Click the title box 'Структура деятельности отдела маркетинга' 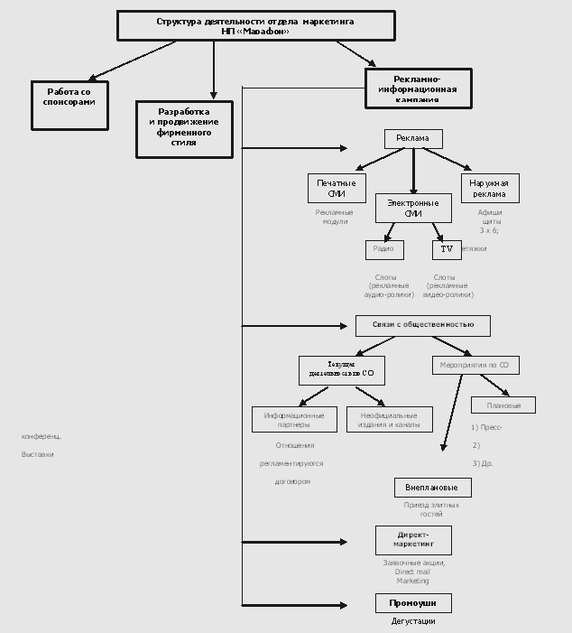pyautogui.click(x=255, y=25)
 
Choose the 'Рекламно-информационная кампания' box pyautogui.click(x=418, y=88)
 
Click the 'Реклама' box pyautogui.click(x=413, y=139)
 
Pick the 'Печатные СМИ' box pyautogui.click(x=336, y=188)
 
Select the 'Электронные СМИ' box pyautogui.click(x=412, y=209)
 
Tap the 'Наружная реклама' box pyautogui.click(x=490, y=188)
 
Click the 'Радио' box pyautogui.click(x=384, y=249)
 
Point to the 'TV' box pyautogui.click(x=447, y=249)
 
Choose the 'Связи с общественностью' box pyautogui.click(x=422, y=325)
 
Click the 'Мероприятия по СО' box pyautogui.click(x=475, y=365)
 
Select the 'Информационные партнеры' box pyautogui.click(x=294, y=419)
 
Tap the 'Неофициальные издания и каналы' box pyautogui.click(x=389, y=419)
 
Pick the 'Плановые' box pyautogui.click(x=503, y=405)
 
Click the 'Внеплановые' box pyautogui.click(x=432, y=488)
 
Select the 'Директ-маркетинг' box pyautogui.click(x=413, y=540)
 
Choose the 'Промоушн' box pyautogui.click(x=413, y=603)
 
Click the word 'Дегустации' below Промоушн pyautogui.click(x=413, y=621)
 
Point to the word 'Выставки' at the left pyautogui.click(x=37, y=454)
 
